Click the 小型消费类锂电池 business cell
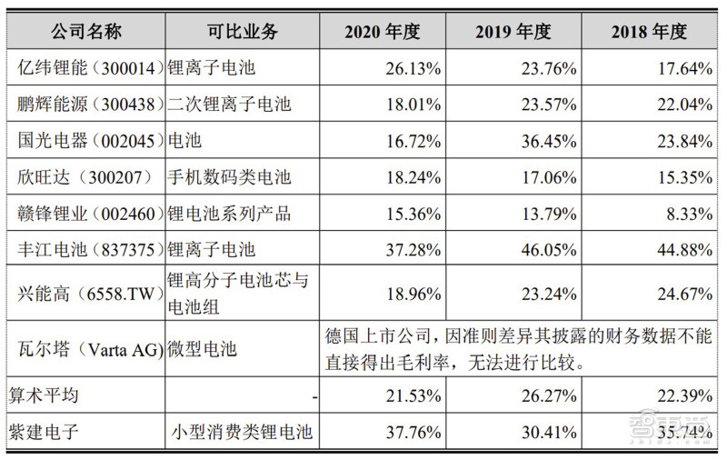(x=242, y=432)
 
